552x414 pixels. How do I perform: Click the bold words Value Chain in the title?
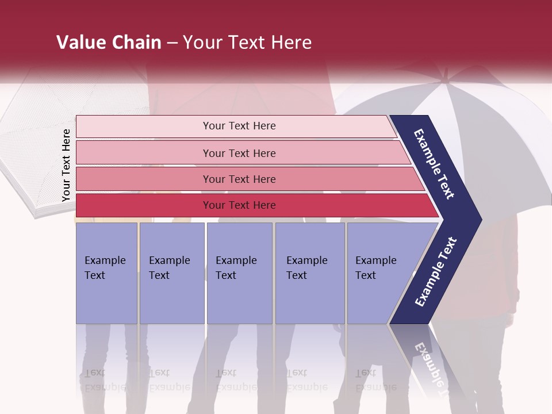109,43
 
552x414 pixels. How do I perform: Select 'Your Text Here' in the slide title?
247,43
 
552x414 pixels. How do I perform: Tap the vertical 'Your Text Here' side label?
66,165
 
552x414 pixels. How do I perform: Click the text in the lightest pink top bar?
239,126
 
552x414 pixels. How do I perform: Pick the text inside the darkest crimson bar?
239,205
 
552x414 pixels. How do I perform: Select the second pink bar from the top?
239,153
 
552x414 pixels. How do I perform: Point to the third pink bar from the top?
239,179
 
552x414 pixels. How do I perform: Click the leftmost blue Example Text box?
106,273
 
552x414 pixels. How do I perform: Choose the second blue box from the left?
171,273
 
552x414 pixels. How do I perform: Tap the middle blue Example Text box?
239,273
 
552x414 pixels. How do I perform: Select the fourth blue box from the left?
309,273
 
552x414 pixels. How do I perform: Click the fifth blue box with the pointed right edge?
379,273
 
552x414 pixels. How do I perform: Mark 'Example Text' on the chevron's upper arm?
434,164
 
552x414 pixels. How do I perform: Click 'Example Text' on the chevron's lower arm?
436,272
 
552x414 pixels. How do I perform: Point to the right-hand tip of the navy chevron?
480,220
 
